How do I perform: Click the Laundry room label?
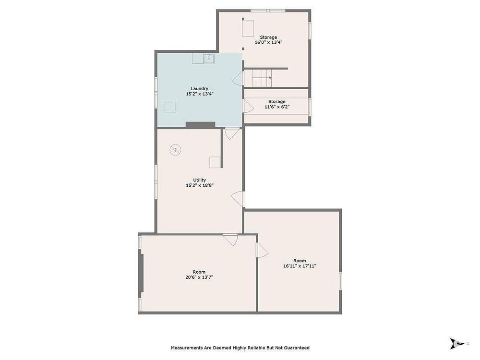[199, 89]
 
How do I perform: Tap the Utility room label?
[199, 180]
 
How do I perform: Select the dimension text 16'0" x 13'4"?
[268, 43]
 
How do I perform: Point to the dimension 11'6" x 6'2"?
[277, 107]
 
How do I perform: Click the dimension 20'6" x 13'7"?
[199, 277]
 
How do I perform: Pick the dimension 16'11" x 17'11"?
[300, 266]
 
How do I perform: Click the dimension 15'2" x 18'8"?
[199, 185]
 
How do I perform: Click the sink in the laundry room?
[209, 58]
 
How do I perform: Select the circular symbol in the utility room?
[175, 150]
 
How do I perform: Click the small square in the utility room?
[215, 162]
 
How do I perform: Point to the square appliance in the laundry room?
[170, 107]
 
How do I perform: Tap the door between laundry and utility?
[232, 133]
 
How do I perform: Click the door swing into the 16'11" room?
[262, 250]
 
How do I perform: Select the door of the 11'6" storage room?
[248, 106]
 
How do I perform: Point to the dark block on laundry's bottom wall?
[201, 125]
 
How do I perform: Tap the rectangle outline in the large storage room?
[248, 28]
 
